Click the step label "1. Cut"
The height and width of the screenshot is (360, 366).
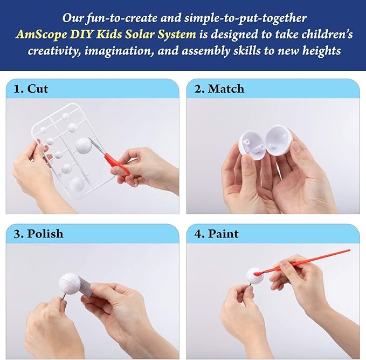(30, 89)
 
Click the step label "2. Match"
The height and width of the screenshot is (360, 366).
(219, 89)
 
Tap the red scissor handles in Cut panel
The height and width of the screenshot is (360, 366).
(116, 162)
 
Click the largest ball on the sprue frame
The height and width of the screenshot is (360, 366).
(84, 144)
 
